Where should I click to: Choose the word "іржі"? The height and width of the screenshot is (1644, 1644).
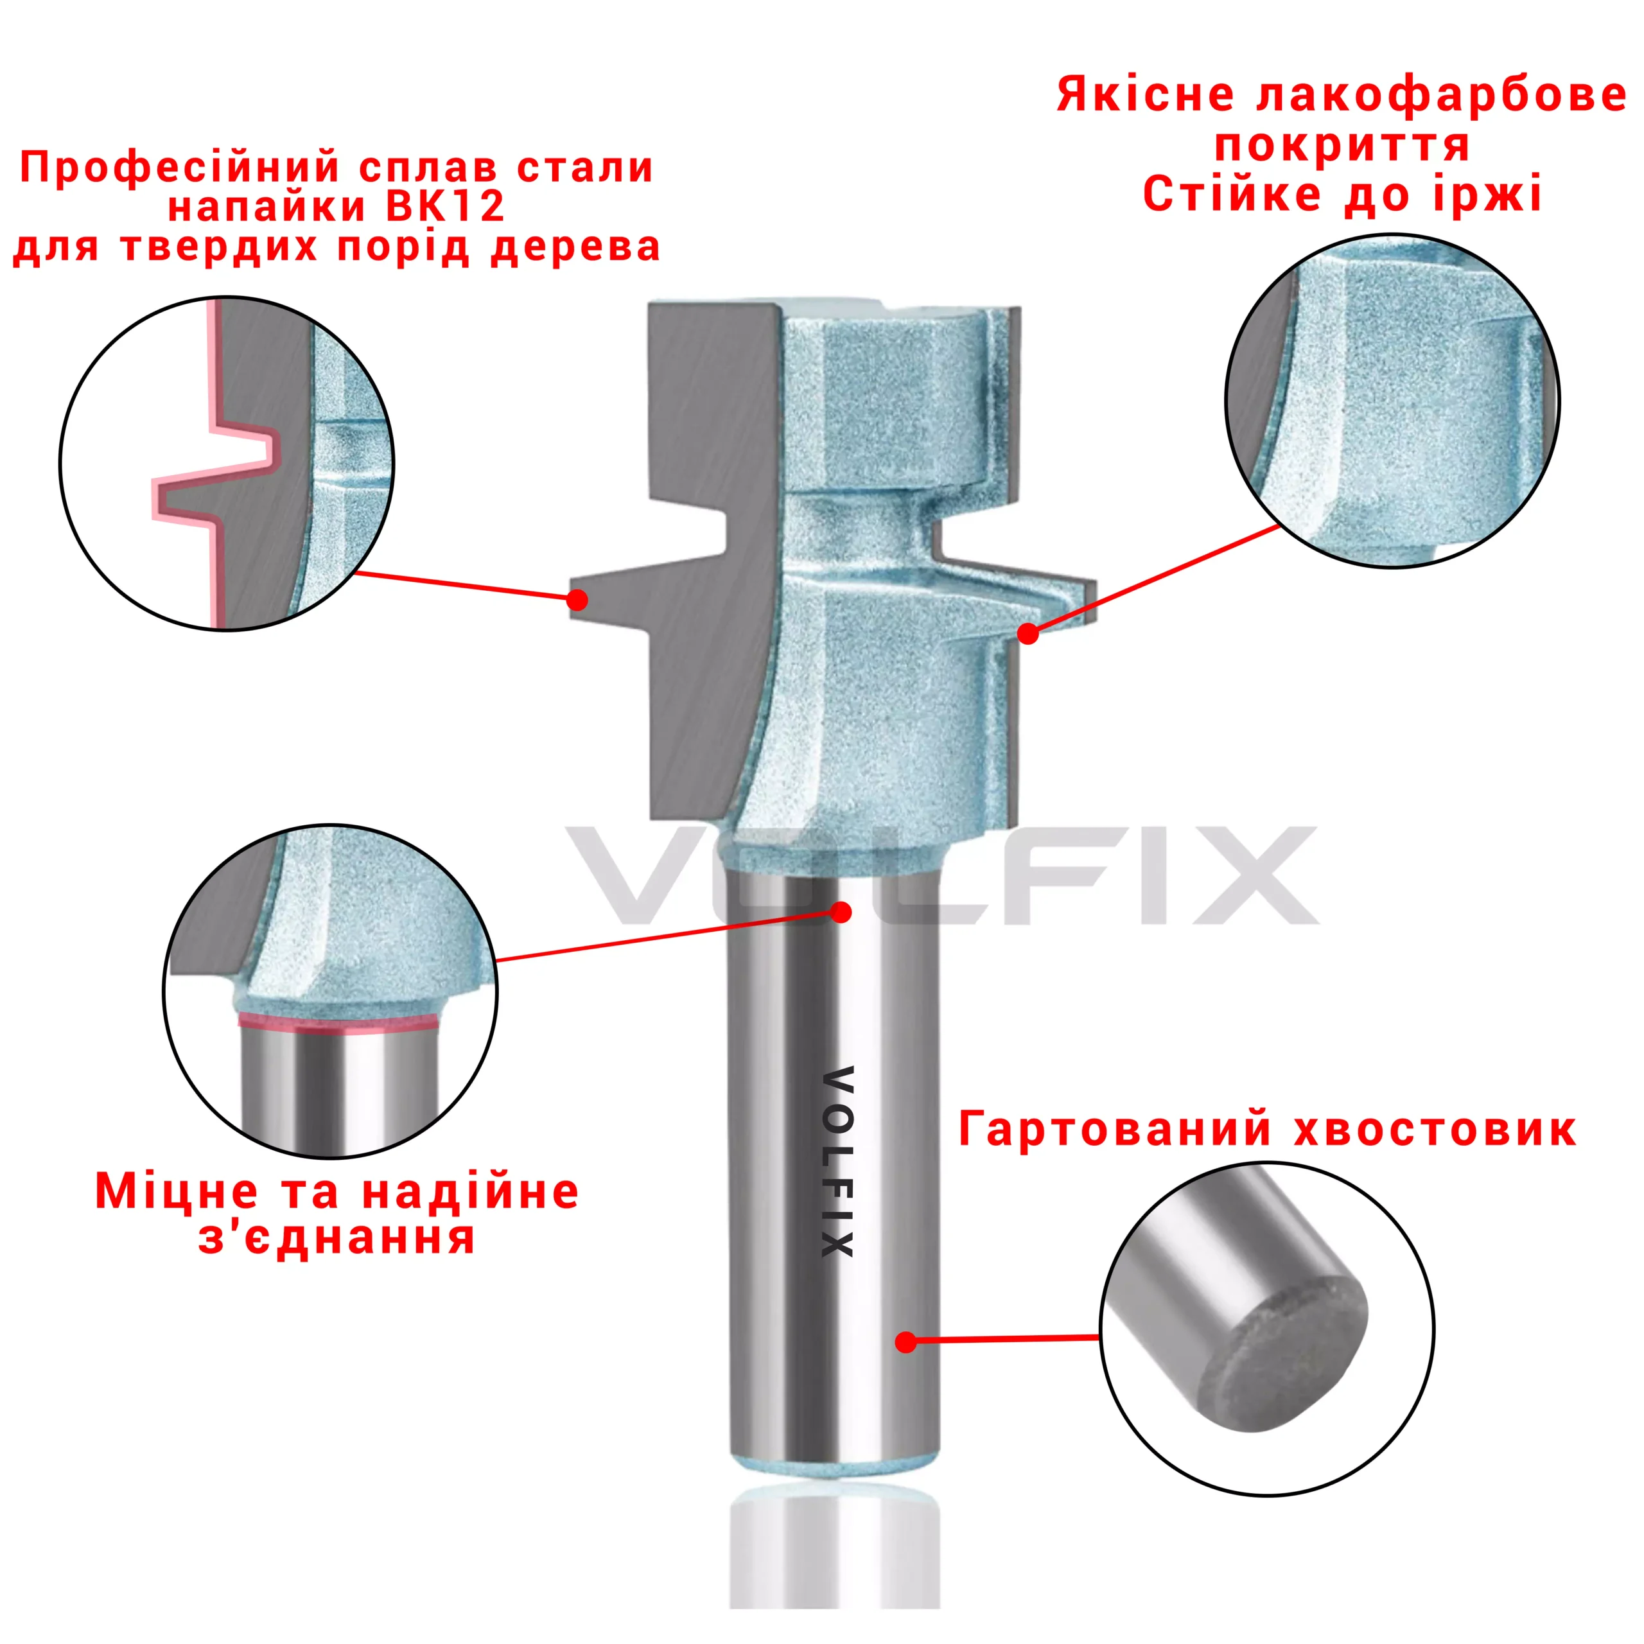[1487, 194]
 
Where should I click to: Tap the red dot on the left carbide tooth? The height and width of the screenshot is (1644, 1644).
[577, 600]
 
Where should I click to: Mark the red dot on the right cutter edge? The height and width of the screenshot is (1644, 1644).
[1028, 633]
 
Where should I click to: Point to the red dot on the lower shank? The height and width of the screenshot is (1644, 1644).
[906, 1342]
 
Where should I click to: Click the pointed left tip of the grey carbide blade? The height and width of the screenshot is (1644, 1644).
[571, 600]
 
